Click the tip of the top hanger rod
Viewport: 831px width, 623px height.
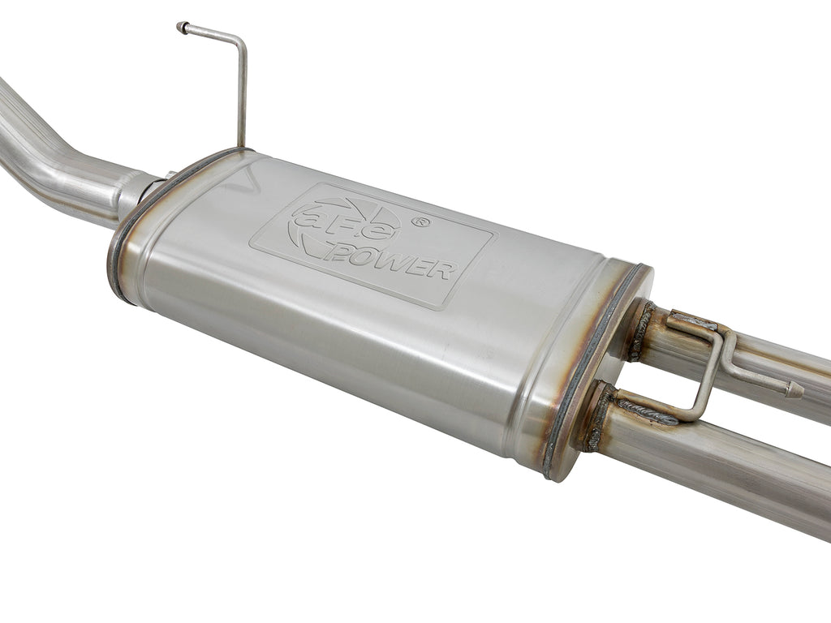tap(181, 27)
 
